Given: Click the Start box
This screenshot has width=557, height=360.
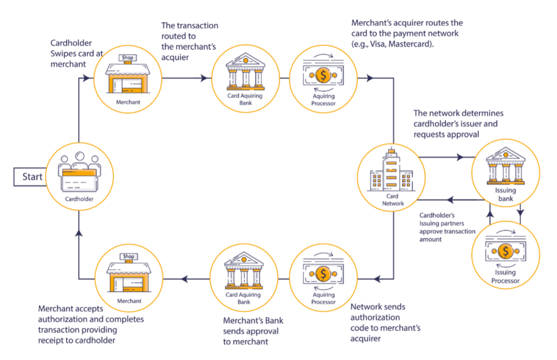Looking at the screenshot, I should coord(32,177).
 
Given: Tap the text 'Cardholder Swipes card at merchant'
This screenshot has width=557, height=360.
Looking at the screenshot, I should coord(71,53).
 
